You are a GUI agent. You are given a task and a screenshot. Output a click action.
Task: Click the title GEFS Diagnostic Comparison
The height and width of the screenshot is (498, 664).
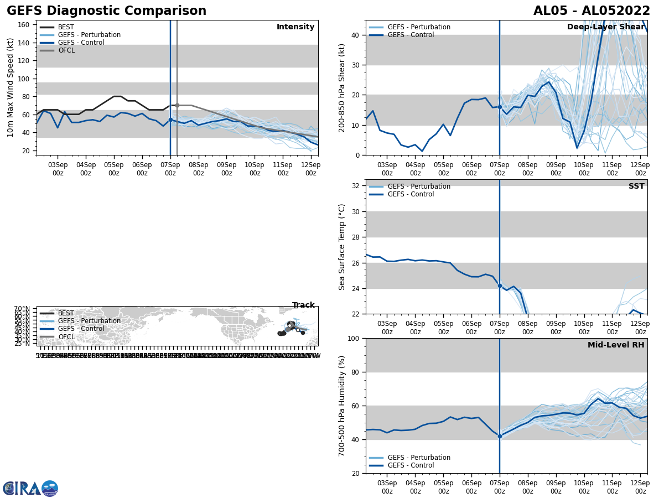106,11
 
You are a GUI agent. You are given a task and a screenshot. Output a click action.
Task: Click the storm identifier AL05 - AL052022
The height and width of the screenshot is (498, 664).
592,11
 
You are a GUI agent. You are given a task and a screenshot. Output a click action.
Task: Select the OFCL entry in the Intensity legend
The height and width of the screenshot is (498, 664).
66,50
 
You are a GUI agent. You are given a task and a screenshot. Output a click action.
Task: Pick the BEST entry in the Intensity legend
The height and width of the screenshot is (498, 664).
65,27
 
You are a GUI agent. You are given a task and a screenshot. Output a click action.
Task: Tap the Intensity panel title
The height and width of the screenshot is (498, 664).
295,27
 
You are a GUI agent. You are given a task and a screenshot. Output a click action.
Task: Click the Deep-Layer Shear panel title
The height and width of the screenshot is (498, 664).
605,27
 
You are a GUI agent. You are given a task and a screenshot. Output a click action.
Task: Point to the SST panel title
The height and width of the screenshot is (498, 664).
636,186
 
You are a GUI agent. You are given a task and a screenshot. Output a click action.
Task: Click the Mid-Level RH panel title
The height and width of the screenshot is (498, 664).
615,345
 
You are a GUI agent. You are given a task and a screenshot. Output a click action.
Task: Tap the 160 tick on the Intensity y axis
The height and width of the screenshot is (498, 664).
24,25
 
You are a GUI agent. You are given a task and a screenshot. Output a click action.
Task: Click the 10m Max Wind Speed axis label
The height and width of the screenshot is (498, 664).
11,87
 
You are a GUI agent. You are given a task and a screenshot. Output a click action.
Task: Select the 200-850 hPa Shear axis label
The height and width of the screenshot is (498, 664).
342,87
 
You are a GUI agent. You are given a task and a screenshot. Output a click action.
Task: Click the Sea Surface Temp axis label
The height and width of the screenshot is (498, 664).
342,247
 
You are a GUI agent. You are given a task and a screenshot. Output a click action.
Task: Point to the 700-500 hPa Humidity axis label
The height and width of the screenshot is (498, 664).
342,406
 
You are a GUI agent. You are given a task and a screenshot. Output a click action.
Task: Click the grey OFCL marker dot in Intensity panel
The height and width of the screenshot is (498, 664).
177,105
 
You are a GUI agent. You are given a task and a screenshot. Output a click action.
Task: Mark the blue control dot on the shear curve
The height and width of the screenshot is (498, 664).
500,107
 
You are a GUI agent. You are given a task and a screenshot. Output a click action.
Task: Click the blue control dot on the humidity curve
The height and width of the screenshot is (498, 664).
500,436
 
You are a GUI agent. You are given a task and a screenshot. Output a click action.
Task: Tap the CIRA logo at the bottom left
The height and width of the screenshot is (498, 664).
30,489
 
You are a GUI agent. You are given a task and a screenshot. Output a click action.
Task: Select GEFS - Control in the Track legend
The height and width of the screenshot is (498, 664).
81,329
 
